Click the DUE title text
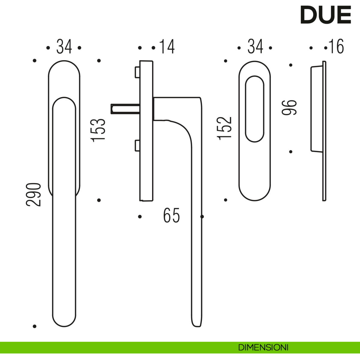click(325, 15)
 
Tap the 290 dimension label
click(33, 195)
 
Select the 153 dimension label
click(98, 130)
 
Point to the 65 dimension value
click(171, 215)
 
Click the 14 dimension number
click(167, 46)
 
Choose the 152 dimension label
click(224, 128)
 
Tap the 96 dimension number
click(289, 108)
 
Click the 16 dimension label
click(336, 46)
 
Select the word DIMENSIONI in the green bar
click(263, 347)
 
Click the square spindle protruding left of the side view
click(125, 109)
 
